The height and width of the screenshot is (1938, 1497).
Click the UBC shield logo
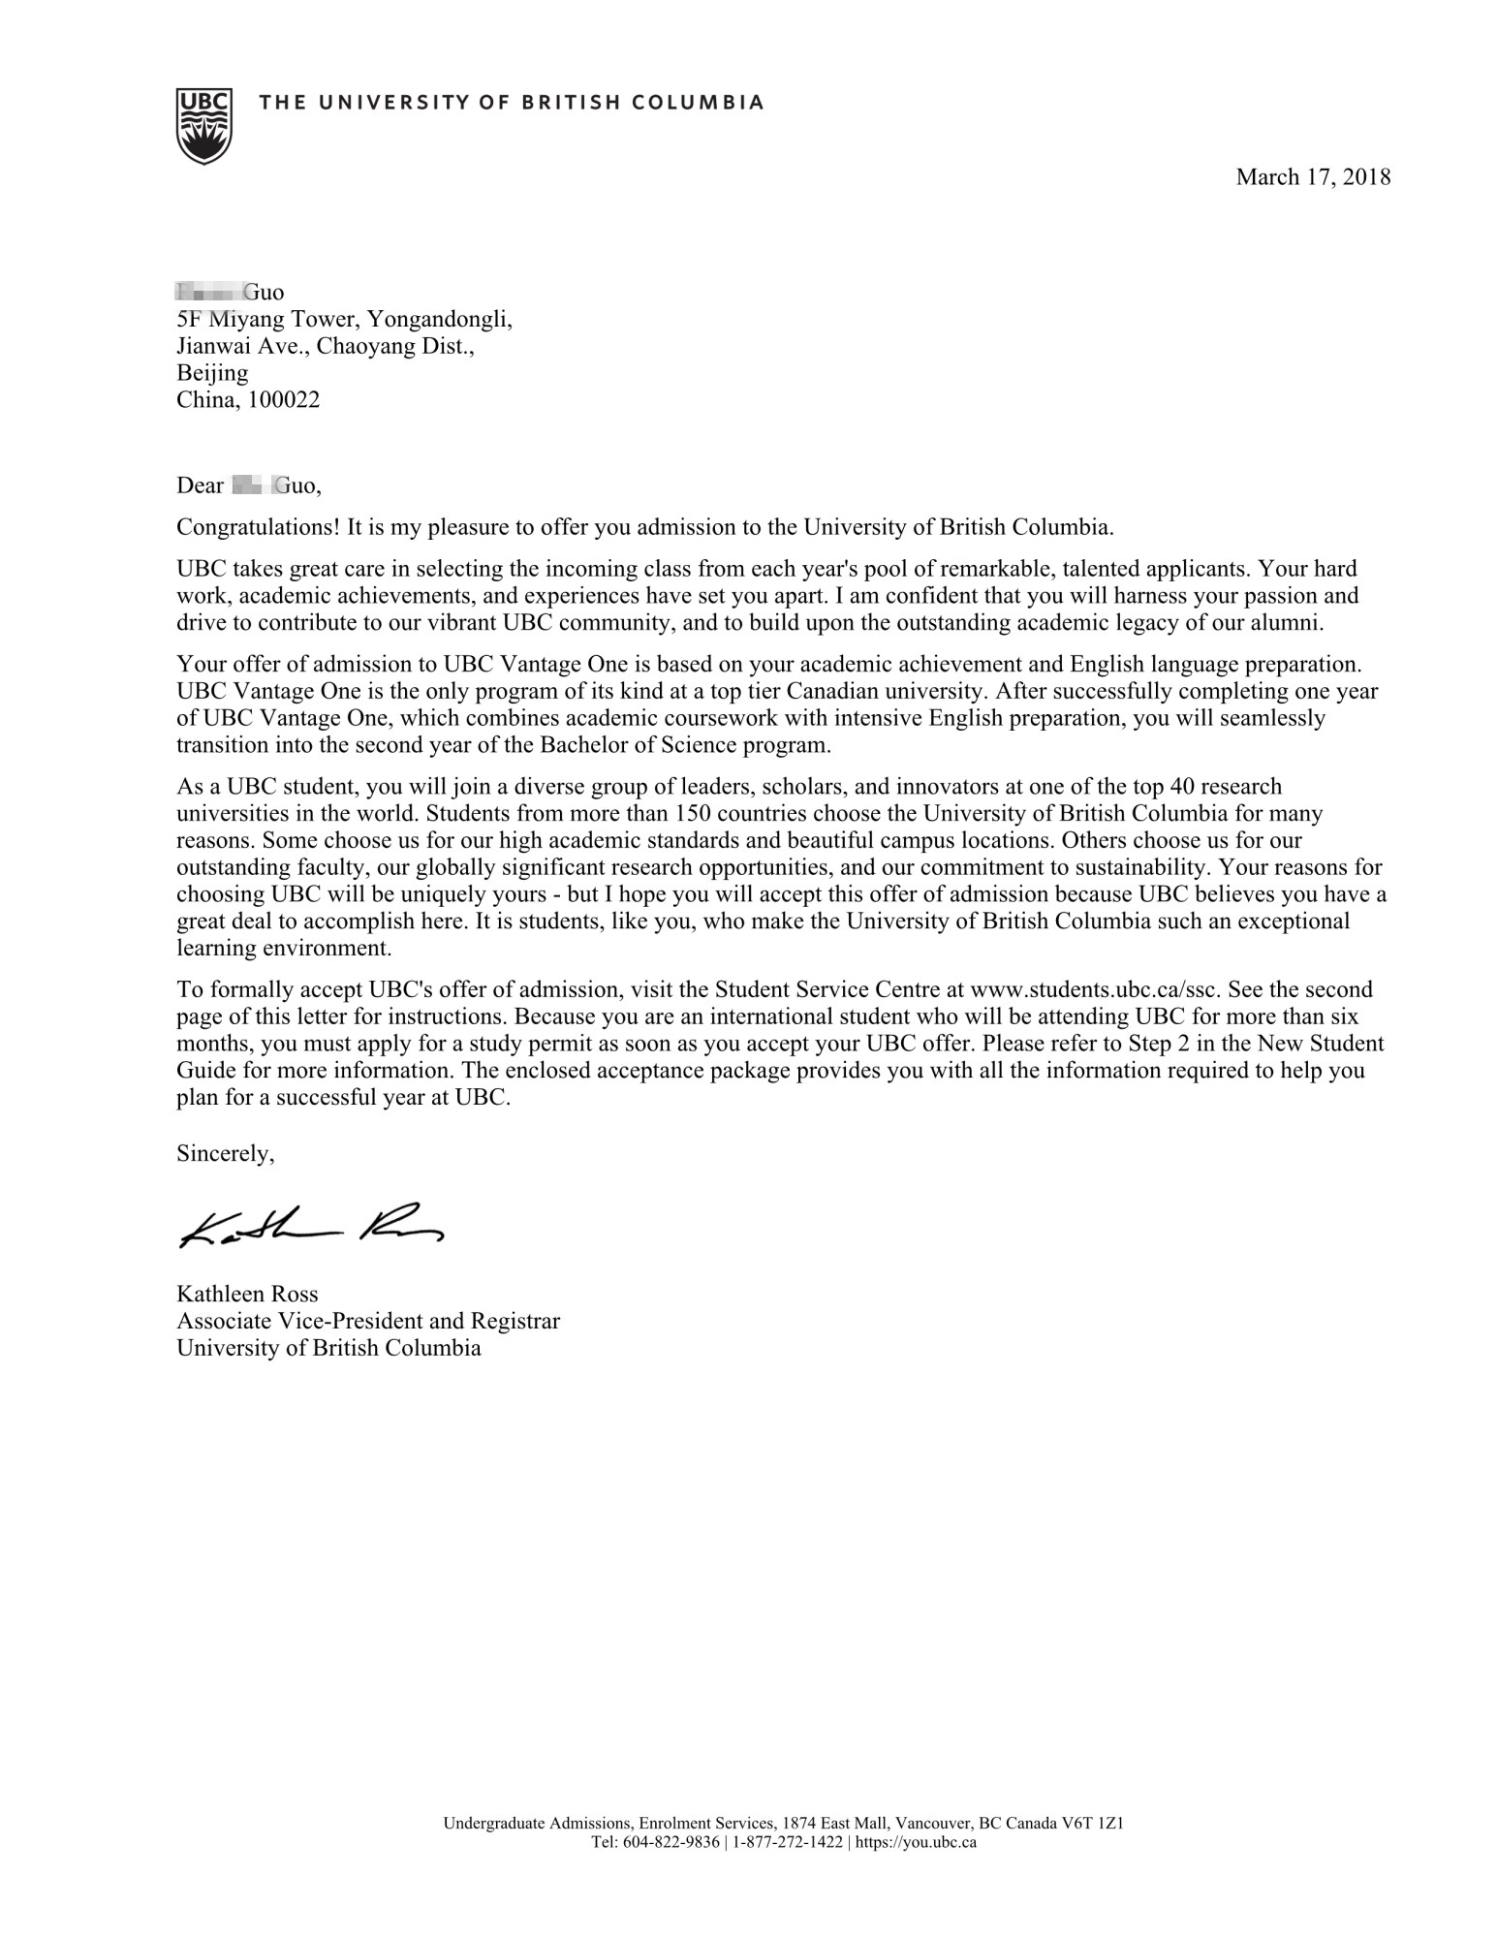tap(203, 125)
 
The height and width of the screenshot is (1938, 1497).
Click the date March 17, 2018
tap(1312, 177)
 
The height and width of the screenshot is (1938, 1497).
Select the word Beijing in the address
tap(211, 373)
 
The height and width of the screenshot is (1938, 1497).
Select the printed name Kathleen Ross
tap(246, 1294)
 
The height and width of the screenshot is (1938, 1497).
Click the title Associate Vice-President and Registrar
tap(367, 1321)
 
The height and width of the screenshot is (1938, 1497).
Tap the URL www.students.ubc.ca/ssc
tap(1099, 990)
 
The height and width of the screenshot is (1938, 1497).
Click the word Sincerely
tap(225, 1153)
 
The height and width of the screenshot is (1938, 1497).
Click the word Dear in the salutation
tap(200, 485)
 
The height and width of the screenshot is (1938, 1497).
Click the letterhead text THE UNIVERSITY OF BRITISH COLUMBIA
tap(512, 103)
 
